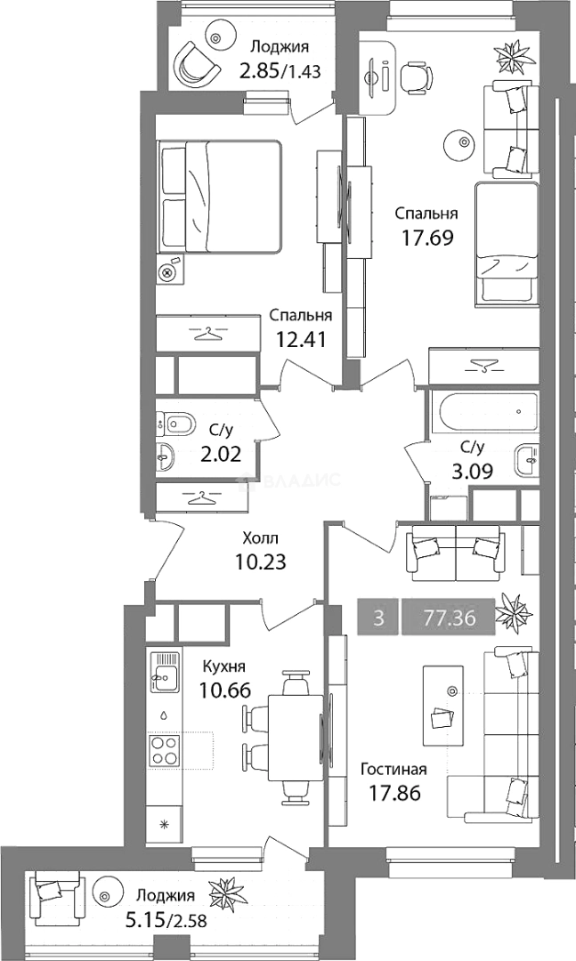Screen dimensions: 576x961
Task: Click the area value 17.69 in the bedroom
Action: click(x=427, y=237)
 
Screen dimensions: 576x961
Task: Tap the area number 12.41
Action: click(x=301, y=338)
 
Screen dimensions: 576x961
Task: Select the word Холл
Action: click(x=260, y=538)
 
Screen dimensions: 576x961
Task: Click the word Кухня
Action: click(x=225, y=667)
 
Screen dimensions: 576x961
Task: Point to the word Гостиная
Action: click(x=393, y=769)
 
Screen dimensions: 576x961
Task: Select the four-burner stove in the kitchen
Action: click(x=165, y=750)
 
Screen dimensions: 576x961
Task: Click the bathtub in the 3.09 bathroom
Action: click(x=485, y=412)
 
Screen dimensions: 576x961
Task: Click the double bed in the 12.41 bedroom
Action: click(x=220, y=196)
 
